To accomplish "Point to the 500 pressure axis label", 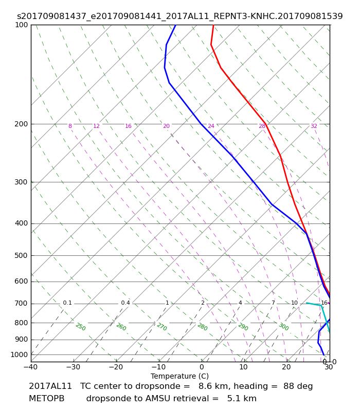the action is [x=21, y=255].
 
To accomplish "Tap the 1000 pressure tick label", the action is [x=19, y=354].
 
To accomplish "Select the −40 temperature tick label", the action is [x=31, y=367].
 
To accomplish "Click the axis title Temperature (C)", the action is [x=179, y=376].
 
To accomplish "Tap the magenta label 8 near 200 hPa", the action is [x=70, y=126].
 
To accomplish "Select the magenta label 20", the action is [x=166, y=126].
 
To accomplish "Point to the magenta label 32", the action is [x=314, y=126].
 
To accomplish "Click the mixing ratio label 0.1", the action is [x=67, y=303].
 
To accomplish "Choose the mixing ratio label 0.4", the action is [x=125, y=303].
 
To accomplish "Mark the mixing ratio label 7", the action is [x=273, y=303].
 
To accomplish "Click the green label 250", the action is [x=81, y=327].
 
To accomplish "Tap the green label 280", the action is [x=202, y=327].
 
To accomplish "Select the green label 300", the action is [x=284, y=327].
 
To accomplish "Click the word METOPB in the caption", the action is [x=46, y=399].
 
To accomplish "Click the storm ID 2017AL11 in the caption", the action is [x=50, y=386].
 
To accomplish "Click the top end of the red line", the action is [x=213, y=25].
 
